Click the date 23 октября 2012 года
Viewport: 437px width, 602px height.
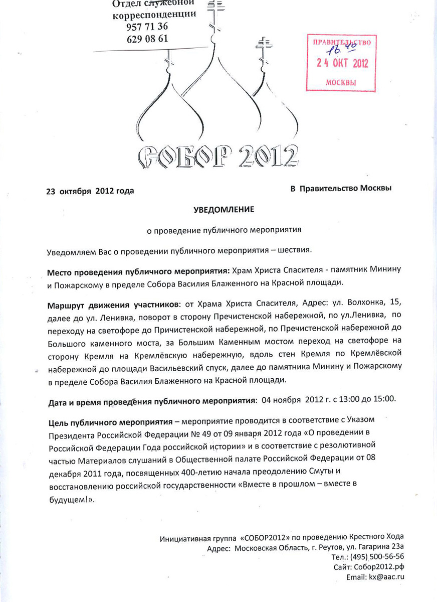pyautogui.click(x=90, y=191)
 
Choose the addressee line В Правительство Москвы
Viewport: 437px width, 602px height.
pyautogui.click(x=341, y=188)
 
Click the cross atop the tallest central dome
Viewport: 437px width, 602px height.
pyautogui.click(x=216, y=11)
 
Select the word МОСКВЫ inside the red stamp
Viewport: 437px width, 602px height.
pyautogui.click(x=341, y=82)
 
